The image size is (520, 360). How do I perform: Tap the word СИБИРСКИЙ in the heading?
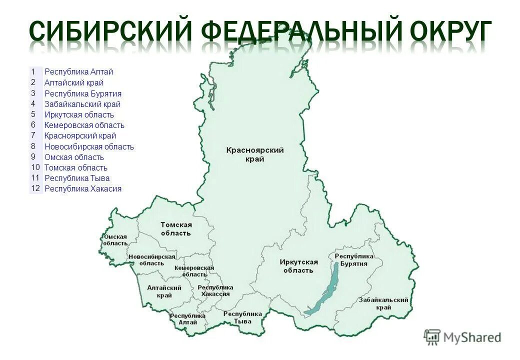coord(108,31)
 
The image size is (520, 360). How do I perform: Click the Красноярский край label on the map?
coord(255,154)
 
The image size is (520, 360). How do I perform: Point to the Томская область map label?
coord(176,229)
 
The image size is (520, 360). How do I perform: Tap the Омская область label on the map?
coord(115,239)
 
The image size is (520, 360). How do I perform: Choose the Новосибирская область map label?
coord(152,260)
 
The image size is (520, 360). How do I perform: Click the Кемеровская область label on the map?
coord(194,271)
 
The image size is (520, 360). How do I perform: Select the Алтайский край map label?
coord(164,291)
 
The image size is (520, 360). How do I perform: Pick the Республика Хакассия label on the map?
coord(215,290)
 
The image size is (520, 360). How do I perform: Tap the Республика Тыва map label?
coord(242,317)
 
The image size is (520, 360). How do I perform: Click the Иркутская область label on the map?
coord(298,266)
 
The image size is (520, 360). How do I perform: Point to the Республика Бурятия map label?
coord(354,260)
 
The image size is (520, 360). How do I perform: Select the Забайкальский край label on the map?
coord(383,303)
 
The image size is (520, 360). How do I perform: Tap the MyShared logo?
coord(462,337)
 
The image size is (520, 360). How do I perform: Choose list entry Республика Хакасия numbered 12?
coord(83,189)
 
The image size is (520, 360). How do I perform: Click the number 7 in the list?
coord(33,135)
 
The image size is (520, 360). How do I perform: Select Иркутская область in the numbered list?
coord(79,115)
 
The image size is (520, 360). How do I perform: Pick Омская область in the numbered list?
coord(74,157)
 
